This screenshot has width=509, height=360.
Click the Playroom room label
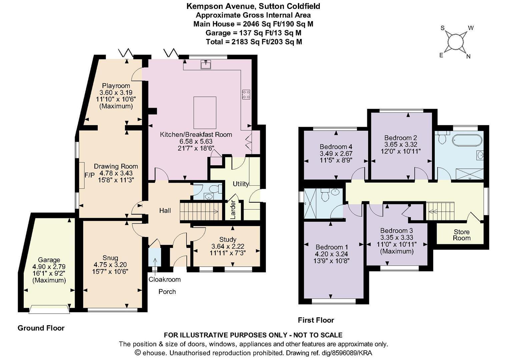click(116, 86)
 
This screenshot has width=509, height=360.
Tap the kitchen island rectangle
click(205, 113)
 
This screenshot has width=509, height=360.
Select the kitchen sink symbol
click(206, 64)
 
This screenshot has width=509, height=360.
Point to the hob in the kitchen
click(246, 94)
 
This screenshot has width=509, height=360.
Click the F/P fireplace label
click(89, 175)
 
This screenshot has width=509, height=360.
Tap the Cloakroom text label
click(164, 279)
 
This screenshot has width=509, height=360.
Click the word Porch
click(167, 292)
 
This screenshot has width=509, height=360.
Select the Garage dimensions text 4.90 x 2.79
click(49, 266)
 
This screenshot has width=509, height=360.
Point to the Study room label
click(228, 239)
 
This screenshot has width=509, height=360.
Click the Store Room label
click(462, 235)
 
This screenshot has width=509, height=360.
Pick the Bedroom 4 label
click(336, 146)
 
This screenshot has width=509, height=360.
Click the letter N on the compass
click(468, 57)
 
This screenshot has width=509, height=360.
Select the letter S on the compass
click(442, 28)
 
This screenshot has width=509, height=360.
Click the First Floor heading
click(316, 320)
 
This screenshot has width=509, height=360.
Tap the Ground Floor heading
click(41, 328)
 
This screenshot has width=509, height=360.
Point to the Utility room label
click(241, 184)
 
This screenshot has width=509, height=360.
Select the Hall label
click(165, 211)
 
